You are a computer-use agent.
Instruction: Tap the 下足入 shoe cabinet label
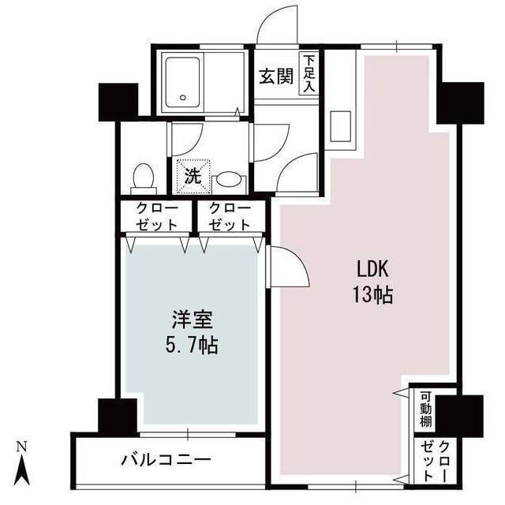(x=309, y=74)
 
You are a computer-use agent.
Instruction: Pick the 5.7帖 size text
(x=191, y=346)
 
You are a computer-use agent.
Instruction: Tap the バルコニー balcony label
(x=165, y=460)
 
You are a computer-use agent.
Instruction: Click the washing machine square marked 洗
(x=192, y=175)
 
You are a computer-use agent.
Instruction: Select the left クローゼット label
(x=154, y=216)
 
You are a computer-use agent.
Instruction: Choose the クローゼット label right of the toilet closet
(x=229, y=216)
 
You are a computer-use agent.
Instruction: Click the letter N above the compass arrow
(x=24, y=448)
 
